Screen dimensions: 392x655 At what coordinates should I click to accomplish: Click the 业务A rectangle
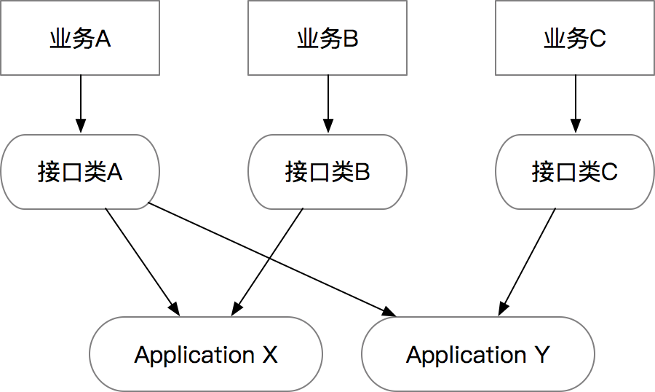[80, 38]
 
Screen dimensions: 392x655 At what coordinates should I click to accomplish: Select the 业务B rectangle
[327, 38]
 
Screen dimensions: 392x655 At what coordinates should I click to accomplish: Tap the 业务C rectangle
[575, 38]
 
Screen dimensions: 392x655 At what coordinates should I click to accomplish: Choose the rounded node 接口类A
[80, 172]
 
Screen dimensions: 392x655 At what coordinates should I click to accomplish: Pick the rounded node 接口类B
[327, 172]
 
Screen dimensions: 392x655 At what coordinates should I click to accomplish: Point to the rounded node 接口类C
[575, 172]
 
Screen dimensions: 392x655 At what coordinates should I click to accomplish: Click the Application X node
[206, 355]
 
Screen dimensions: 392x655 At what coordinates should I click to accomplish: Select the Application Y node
[478, 355]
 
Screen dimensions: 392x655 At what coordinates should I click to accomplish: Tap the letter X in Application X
[270, 356]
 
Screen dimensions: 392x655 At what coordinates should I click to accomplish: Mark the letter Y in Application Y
[541, 356]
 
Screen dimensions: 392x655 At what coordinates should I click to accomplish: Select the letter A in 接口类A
[114, 173]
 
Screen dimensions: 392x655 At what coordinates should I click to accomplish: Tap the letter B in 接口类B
[362, 173]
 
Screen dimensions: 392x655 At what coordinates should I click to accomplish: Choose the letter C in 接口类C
[609, 173]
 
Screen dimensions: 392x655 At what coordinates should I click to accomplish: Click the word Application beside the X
[194, 356]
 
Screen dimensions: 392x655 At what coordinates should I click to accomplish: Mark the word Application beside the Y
[466, 356]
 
